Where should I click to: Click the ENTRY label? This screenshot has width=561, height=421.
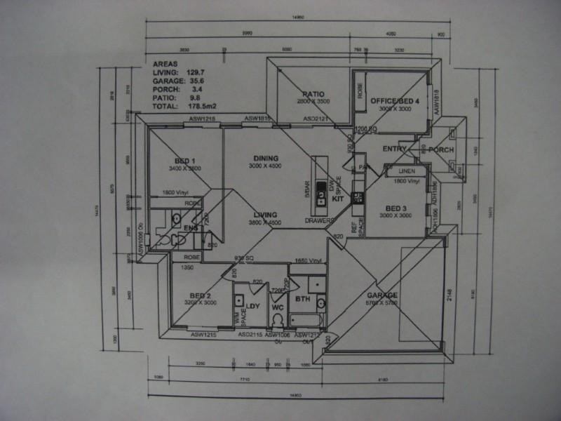coord(396,149)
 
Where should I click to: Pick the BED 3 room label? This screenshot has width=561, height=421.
coord(396,208)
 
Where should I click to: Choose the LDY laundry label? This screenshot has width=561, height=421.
coord(253,307)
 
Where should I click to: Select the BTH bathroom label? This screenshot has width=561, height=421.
coord(303,300)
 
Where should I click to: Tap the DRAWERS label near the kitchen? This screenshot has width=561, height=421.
coord(318,220)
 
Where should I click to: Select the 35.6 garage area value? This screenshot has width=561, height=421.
coord(196,81)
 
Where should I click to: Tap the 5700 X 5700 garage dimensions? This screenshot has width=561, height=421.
coord(382,304)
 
